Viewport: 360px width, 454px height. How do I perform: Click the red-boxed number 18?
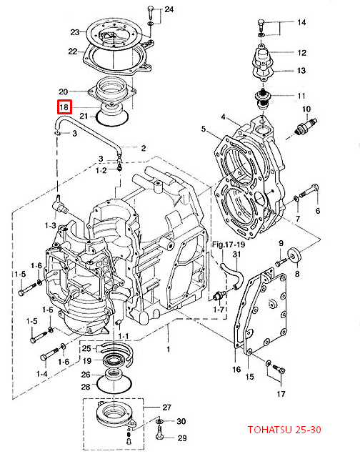tap(64, 108)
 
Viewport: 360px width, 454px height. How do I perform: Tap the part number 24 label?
tap(169, 9)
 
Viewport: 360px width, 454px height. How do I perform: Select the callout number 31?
tap(237, 255)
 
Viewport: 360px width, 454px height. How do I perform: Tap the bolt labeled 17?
tap(278, 369)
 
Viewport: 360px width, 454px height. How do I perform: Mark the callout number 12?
tap(301, 53)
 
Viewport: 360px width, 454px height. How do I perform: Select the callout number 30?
tap(181, 422)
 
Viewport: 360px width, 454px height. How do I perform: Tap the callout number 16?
tap(236, 370)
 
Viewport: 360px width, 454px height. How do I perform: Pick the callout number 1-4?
tap(43, 374)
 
